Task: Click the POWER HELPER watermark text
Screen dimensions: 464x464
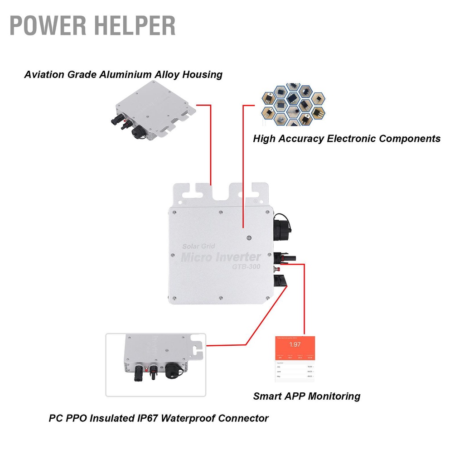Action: (92, 26)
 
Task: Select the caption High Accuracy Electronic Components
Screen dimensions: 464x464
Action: (347, 139)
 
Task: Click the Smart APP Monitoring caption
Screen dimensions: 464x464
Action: (307, 396)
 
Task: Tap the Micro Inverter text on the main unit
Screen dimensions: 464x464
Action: (221, 257)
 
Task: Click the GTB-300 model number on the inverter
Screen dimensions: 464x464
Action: (243, 267)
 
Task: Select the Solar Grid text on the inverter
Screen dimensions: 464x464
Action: (198, 246)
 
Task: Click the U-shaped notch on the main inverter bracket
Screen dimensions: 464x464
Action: (221, 193)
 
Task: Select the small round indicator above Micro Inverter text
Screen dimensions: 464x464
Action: (248, 237)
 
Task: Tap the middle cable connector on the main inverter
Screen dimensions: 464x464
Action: (284, 257)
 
